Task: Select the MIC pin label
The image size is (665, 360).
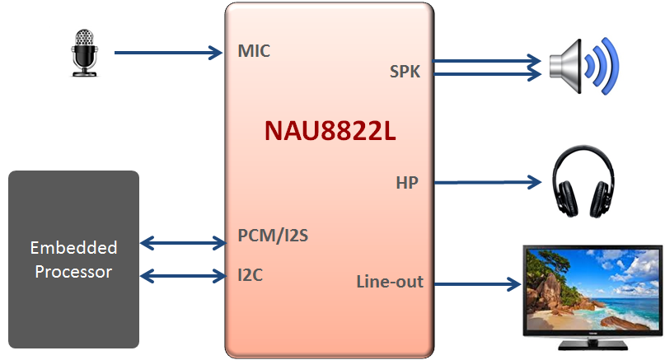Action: click(254, 51)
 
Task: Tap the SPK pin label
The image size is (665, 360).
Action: click(405, 72)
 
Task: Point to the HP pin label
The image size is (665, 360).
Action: click(407, 182)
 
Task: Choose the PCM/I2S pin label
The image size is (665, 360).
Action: click(273, 236)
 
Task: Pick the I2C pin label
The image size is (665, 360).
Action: click(250, 274)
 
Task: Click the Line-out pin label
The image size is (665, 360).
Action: click(390, 282)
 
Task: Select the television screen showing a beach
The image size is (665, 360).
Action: click(592, 288)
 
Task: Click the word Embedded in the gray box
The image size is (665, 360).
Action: click(73, 248)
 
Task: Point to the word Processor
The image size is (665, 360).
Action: click(73, 271)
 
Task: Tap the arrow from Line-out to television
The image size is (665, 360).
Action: click(477, 285)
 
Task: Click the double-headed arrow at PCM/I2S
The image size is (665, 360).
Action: click(184, 243)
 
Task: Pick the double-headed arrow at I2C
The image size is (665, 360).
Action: click(184, 274)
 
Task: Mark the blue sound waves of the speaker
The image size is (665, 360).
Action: click(603, 64)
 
